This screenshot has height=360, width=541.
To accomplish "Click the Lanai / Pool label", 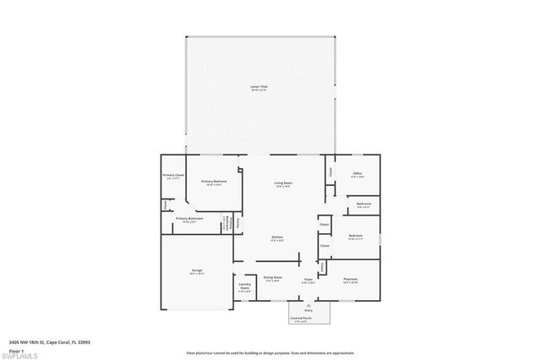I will coord(260,86).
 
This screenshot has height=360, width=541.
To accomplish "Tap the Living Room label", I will coord(282,183).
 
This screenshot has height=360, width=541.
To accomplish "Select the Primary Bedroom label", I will coord(213,182).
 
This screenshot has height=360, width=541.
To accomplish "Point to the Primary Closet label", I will coord(173,175).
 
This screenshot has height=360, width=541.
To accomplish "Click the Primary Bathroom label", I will coord(189,219).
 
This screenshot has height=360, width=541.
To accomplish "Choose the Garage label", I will coord(196,270).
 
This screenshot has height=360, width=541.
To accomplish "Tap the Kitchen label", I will coord(276,237).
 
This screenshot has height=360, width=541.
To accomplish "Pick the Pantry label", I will coord(238,222).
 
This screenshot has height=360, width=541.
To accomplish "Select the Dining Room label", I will coord(272,278).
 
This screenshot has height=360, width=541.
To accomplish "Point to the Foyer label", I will coord(309,278).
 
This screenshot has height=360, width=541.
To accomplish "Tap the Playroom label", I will coord(350,278).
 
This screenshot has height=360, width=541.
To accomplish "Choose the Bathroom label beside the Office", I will coord(364,204).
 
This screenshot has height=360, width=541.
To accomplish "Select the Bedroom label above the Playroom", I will coord(356,237).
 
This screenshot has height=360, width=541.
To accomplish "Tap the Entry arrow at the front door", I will coord(308,308).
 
